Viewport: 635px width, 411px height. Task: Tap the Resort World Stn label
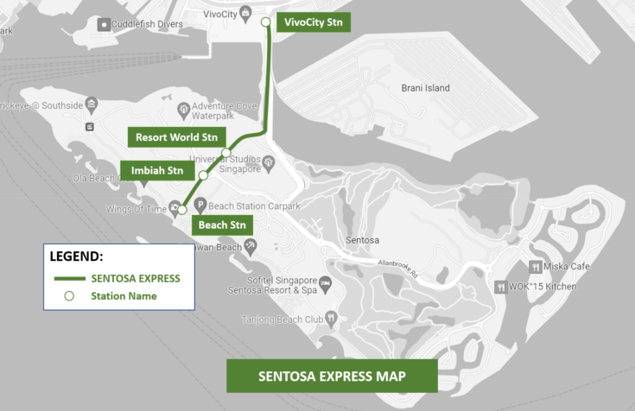[176, 136]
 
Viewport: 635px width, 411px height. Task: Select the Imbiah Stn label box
[156, 171]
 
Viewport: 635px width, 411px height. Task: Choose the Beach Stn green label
[223, 224]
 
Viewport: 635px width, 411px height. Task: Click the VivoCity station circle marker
[265, 22]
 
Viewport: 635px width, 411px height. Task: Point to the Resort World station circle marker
[226, 153]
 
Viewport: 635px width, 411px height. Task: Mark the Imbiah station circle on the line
[203, 175]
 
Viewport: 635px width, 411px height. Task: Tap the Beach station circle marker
[182, 209]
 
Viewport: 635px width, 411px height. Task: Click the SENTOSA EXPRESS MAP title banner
[332, 376]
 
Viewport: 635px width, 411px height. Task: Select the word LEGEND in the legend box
[77, 257]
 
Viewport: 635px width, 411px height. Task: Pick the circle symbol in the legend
[71, 296]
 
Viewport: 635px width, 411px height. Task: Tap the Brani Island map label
[425, 88]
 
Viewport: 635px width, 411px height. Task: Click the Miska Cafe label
[567, 266]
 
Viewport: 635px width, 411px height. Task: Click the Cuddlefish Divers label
[147, 24]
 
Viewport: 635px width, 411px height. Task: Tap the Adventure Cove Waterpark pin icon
[183, 110]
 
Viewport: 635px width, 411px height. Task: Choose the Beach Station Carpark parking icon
[200, 205]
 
